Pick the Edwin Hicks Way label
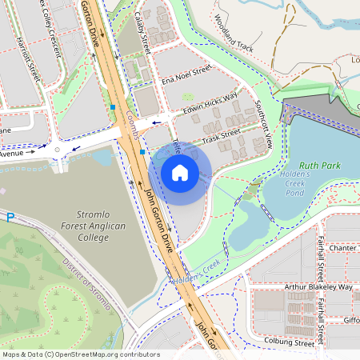(x=210, y=104)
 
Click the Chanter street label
(x=342, y=248)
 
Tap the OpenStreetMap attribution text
(x=80, y=354)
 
